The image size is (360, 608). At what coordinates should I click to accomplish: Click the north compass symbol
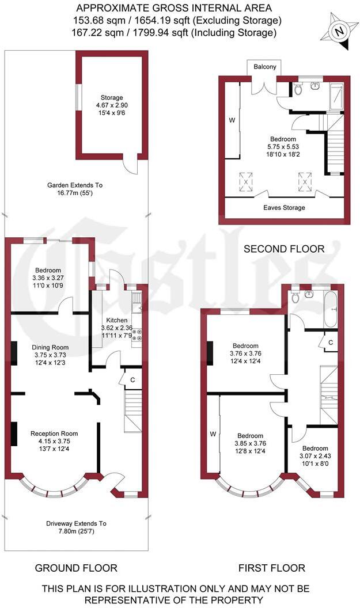click(340, 30)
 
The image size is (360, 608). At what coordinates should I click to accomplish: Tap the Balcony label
click(265, 67)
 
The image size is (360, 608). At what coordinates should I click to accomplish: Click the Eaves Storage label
click(285, 207)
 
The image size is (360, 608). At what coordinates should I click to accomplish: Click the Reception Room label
click(54, 434)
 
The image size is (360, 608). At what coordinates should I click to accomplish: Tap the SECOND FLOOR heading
click(284, 249)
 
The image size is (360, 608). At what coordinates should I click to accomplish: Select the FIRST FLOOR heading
click(272, 568)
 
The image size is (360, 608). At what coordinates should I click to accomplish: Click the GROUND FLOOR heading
click(76, 568)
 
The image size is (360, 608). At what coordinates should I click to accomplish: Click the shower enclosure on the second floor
click(335, 96)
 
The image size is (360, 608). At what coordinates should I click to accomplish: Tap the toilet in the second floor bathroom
click(298, 89)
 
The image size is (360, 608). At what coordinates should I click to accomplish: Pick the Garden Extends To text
click(74, 185)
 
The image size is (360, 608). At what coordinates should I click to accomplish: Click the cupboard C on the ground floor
click(132, 380)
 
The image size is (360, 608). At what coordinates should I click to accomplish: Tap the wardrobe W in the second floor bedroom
click(232, 121)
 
